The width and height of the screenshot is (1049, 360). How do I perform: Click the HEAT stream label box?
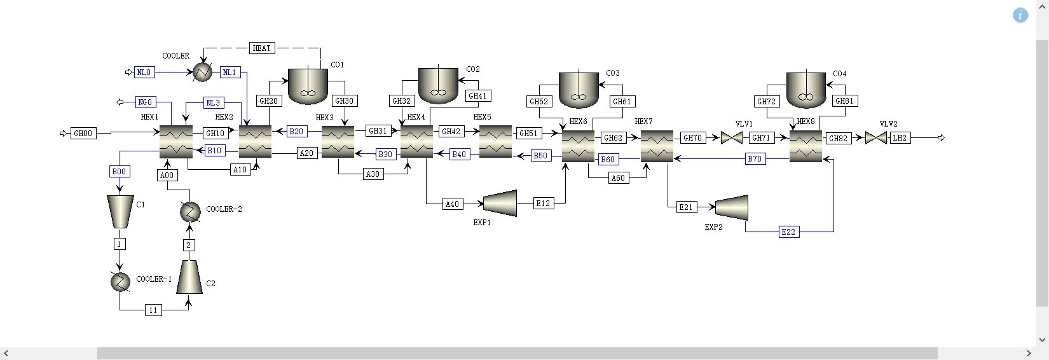click(261, 48)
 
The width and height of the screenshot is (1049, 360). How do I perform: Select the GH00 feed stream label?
click(83, 133)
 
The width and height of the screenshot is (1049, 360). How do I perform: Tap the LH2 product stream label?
click(900, 137)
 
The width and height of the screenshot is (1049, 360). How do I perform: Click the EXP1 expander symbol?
click(500, 203)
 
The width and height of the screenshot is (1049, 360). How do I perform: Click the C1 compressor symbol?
click(120, 211)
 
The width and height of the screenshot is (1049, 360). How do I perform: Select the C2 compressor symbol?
click(189, 277)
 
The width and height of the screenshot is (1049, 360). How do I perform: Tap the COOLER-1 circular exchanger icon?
click(120, 281)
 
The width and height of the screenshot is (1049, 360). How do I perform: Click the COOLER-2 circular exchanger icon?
click(190, 211)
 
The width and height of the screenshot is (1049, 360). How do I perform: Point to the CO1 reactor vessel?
click(308, 86)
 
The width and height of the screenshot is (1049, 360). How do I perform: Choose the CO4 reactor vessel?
click(806, 89)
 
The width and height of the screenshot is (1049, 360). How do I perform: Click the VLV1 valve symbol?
click(732, 137)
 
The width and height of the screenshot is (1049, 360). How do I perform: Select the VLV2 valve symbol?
click(875, 137)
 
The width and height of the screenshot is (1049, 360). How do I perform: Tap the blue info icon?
click(1020, 15)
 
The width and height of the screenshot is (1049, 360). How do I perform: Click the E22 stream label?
click(788, 232)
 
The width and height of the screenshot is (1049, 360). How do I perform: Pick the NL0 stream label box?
click(144, 73)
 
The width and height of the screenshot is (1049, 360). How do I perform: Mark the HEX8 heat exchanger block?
click(806, 146)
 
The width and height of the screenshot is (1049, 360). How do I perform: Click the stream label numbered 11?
click(153, 310)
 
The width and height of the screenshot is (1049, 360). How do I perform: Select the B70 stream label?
click(755, 159)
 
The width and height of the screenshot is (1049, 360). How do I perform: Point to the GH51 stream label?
click(528, 133)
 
